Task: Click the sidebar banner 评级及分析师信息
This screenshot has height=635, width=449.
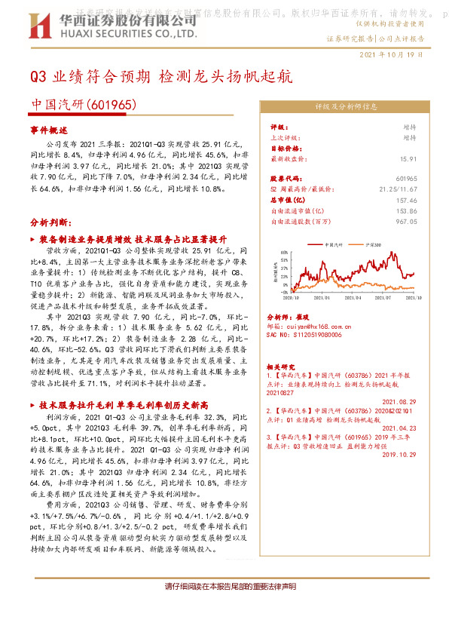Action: (x=346, y=107)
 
